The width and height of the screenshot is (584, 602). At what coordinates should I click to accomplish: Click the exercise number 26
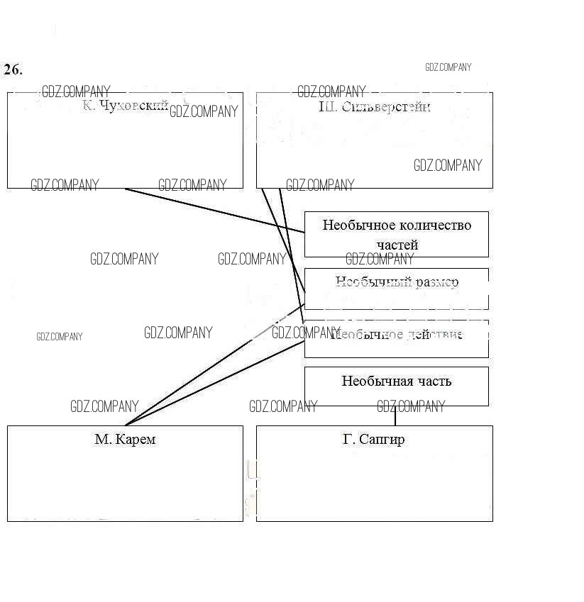point(13,69)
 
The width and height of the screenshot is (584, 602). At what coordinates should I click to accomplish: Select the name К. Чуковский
point(126,106)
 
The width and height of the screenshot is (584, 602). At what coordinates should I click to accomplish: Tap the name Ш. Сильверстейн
point(375,107)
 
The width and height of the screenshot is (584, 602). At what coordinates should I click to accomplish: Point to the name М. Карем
point(125,440)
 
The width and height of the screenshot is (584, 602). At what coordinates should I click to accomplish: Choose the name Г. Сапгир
point(374,440)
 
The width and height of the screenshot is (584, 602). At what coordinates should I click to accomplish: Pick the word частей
point(397,245)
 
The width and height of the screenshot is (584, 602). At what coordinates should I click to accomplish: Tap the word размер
point(436,282)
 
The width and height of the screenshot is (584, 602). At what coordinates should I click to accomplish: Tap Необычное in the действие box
point(363,334)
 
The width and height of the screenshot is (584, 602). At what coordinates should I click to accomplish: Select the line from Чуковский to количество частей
point(213,210)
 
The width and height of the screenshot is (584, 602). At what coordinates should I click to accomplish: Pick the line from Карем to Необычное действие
point(213,384)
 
